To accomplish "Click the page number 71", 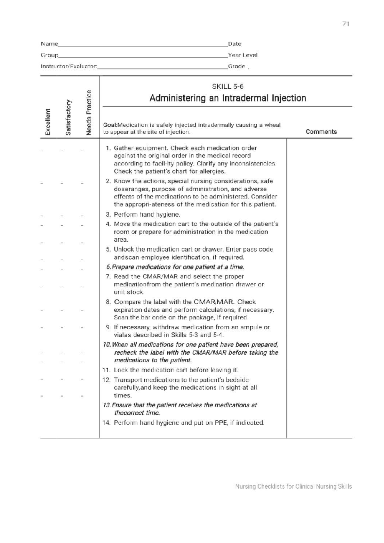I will pos(345,24).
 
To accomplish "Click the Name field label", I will pos(49,44).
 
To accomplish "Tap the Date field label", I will pos(235,44).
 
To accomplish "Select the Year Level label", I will pos(243,55).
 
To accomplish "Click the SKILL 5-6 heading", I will pos(228,86).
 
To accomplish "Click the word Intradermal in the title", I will pos(245,98).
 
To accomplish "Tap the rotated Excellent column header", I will pos(48,122).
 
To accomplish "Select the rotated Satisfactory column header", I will pos(68,117).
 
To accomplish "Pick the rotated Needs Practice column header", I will pos(89,113).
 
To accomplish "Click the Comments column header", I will pos(321,132).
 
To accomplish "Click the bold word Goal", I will pos(109,125).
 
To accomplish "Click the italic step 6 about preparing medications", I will pos(175,267).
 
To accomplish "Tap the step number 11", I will pos(106,370).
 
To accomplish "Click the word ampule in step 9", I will pos(252,327).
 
